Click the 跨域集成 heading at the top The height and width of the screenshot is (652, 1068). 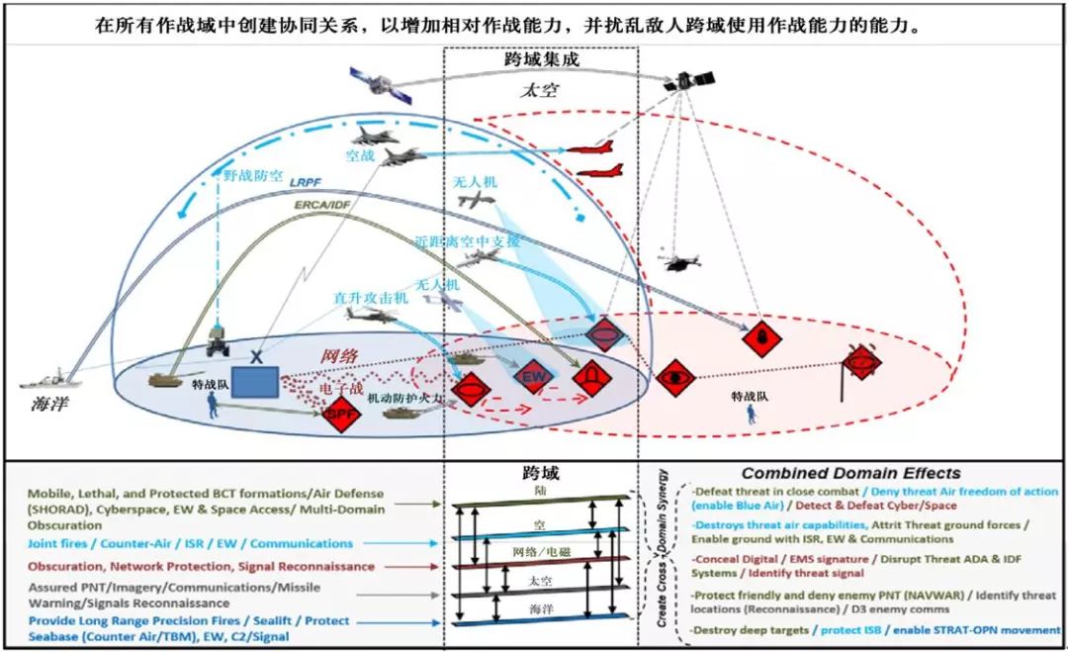coord(540,59)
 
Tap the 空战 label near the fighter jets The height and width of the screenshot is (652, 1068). coord(358,155)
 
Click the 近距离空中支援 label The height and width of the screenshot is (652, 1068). coord(468,240)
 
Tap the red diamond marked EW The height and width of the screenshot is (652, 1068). coord(533,378)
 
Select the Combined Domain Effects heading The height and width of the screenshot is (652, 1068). coord(850,473)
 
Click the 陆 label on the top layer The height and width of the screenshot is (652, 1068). coord(538,489)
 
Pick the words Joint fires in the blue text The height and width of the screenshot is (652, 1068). coord(62,543)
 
